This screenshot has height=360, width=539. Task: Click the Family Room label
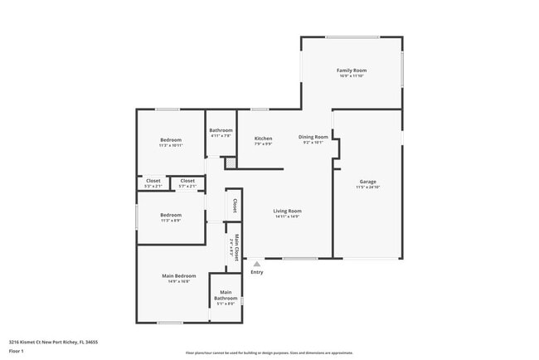(352, 71)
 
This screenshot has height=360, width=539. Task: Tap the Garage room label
(367, 181)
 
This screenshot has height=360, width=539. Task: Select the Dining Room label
(313, 137)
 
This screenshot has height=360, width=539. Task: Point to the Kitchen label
(263, 139)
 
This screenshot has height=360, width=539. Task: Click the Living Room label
(287, 211)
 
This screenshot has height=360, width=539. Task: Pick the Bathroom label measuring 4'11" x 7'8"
(221, 130)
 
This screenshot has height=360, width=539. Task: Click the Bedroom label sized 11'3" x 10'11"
(170, 140)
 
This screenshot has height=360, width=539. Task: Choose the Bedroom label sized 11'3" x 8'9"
(170, 215)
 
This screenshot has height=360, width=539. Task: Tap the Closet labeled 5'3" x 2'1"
(153, 181)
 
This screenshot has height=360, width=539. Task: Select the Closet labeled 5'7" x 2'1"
(187, 181)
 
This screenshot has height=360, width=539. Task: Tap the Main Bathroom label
(226, 294)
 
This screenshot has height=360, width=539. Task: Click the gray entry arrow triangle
(256, 264)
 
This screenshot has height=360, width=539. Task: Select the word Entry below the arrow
(257, 272)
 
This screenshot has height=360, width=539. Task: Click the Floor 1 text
(17, 351)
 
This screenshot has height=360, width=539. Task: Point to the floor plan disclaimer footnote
(269, 353)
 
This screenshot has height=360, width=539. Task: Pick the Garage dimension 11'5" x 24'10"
(367, 187)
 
